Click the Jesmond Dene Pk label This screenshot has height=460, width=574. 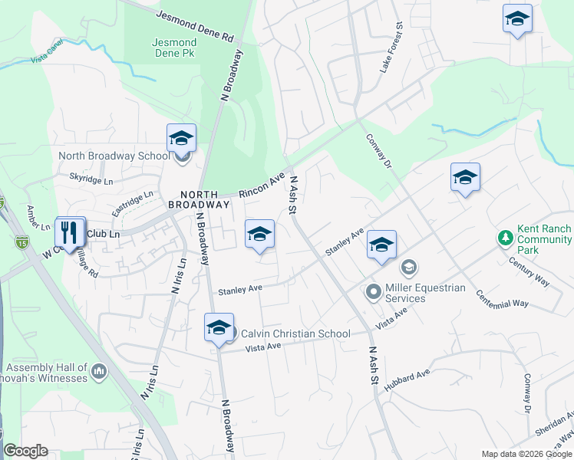click(173, 47)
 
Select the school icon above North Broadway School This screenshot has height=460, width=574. click(181, 138)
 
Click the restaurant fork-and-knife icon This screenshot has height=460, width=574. click(70, 232)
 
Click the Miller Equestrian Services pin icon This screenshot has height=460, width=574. click(373, 291)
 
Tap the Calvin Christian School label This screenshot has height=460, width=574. click(295, 333)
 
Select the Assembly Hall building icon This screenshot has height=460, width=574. click(98, 372)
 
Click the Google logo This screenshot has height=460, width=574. click(25, 451)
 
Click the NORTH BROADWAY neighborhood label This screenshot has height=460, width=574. click(204, 199)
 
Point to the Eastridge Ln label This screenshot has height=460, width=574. click(134, 202)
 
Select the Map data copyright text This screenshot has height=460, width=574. click(526, 454)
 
